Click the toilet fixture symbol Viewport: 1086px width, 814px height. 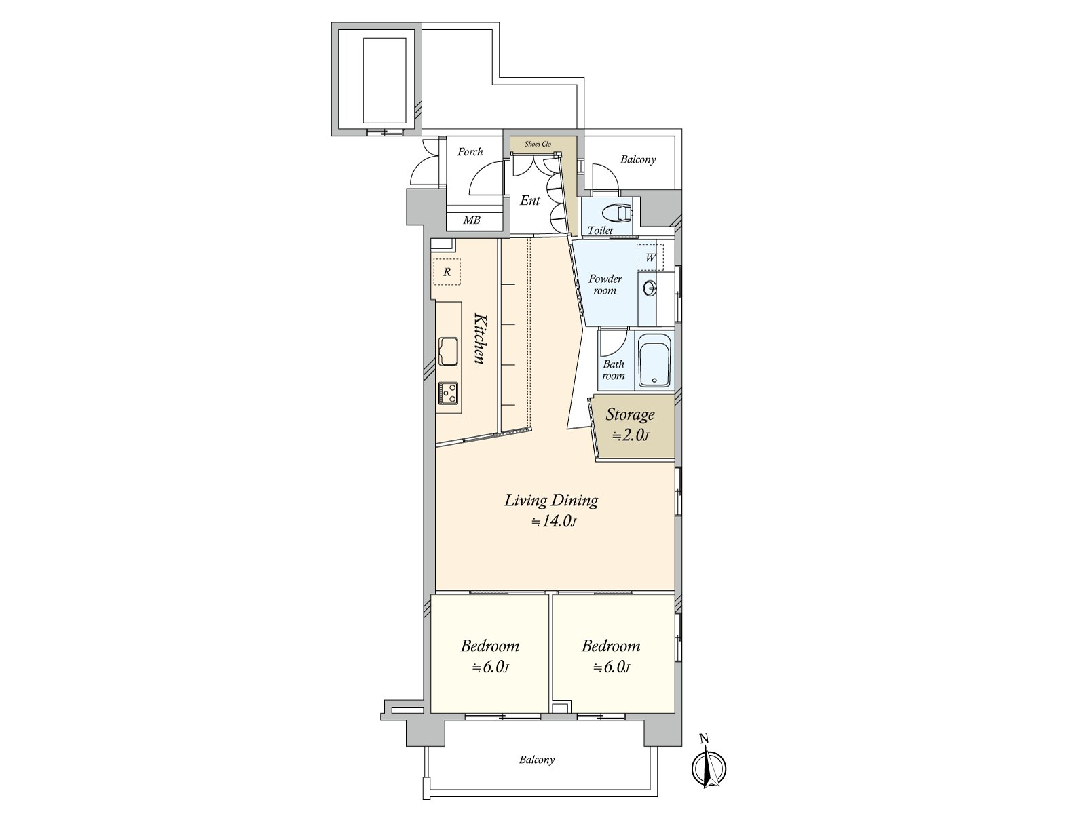click(617, 212)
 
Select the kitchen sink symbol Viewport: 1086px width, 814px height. click(449, 351)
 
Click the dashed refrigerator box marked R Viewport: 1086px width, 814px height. click(447, 271)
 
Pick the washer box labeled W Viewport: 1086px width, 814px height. click(650, 258)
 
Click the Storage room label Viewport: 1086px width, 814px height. click(631, 414)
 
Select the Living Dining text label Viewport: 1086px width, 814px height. click(551, 501)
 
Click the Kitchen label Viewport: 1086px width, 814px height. click(479, 338)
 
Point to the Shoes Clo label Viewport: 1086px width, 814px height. click(538, 144)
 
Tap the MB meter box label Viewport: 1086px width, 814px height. click(472, 220)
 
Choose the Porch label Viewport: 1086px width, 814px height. click(470, 152)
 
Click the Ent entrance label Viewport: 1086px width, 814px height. click(530, 200)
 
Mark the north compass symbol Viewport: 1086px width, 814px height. click(709, 767)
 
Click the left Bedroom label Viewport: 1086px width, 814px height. click(490, 646)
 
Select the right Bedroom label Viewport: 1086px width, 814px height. click(611, 646)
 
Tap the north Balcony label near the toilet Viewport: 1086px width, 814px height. click(638, 159)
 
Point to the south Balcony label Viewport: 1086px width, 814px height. click(537, 760)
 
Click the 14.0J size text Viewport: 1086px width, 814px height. click(554, 522)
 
